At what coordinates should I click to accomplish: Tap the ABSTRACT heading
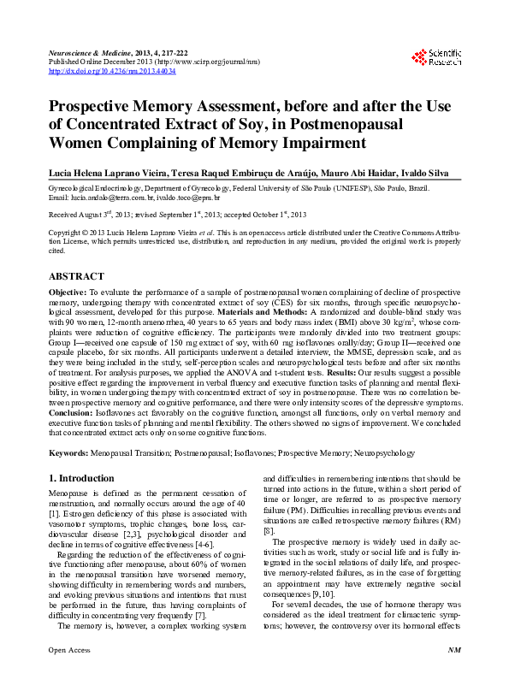click(x=76, y=276)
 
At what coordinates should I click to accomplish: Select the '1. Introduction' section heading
click(x=81, y=478)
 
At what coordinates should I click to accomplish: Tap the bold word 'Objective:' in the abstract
click(x=68, y=292)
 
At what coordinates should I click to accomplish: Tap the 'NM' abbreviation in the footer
click(x=454, y=675)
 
